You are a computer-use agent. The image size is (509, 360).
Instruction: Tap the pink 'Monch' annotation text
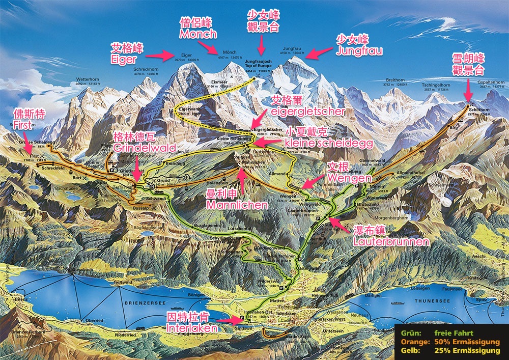(x=198, y=34)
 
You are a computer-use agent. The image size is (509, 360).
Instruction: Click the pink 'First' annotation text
(x=23, y=125)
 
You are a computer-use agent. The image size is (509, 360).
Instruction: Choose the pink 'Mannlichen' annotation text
(x=237, y=205)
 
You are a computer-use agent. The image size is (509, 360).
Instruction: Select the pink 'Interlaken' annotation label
(x=192, y=329)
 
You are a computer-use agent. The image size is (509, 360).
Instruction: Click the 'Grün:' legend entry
(x=410, y=333)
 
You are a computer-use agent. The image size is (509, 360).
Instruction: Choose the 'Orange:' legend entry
(x=413, y=342)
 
